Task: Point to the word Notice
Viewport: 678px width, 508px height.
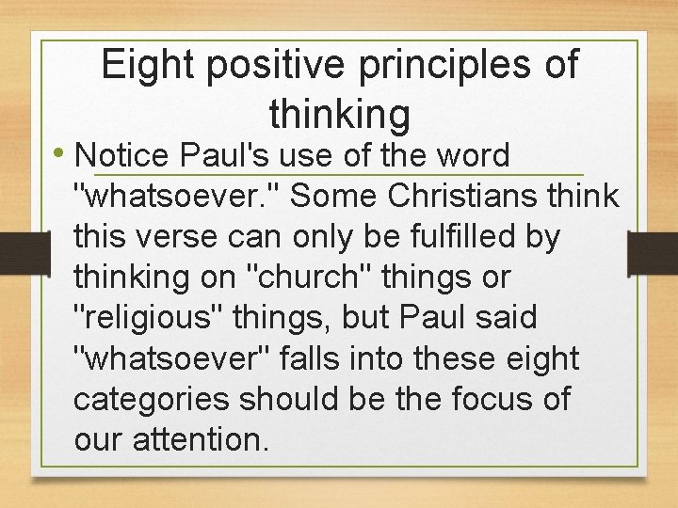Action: click(x=119, y=155)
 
